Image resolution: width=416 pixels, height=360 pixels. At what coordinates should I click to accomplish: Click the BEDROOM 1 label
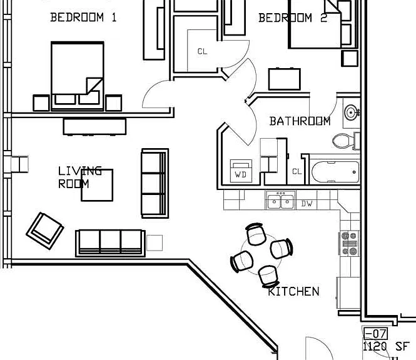(83, 17)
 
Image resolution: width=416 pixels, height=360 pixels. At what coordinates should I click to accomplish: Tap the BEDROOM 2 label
(293, 18)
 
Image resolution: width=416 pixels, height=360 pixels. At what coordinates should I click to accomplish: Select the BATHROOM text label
(300, 121)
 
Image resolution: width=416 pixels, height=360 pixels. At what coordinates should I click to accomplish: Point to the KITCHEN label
(293, 292)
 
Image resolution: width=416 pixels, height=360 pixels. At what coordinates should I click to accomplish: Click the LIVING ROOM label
(79, 177)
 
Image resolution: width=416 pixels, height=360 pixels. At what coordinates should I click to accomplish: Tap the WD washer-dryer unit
(241, 171)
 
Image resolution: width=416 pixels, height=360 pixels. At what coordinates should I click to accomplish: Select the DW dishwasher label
(307, 204)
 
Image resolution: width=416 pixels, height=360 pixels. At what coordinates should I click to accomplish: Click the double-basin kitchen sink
(281, 201)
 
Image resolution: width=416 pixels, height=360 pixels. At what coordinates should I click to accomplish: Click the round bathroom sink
(352, 112)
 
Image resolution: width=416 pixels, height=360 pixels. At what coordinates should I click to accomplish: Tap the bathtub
(335, 172)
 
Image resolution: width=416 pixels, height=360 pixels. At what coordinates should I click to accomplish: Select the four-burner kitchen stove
(349, 243)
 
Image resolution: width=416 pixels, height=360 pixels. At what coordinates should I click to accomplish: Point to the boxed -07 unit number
(375, 334)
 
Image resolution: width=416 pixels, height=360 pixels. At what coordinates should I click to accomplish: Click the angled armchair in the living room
(45, 231)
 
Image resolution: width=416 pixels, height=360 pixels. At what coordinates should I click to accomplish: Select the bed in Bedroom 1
(77, 76)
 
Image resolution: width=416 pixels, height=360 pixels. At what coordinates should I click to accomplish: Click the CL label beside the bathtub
(297, 171)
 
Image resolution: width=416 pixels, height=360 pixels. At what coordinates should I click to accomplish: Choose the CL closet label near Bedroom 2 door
(203, 51)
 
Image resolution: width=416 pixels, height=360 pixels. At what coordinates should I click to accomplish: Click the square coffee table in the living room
(97, 185)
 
